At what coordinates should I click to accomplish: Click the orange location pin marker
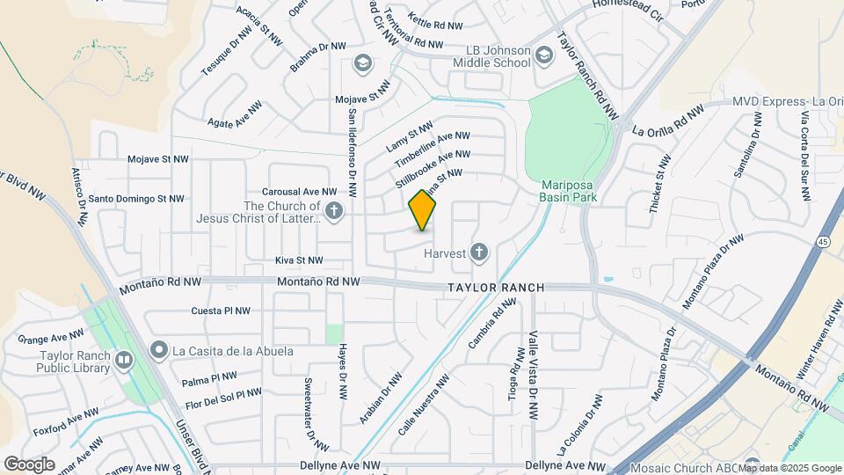coord(423,210)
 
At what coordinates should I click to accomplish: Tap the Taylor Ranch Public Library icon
coord(123,359)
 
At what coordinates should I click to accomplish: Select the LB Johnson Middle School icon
coord(545,57)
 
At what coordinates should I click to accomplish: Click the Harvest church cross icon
coord(479,253)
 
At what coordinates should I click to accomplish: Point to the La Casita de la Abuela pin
coord(159,351)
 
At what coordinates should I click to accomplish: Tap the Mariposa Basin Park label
coord(569,192)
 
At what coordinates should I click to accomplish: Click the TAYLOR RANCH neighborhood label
coord(496,288)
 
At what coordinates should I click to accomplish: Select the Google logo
coord(29,464)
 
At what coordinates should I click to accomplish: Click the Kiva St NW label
coord(299,260)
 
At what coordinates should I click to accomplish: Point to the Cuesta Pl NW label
coord(221,311)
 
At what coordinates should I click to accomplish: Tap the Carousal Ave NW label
coord(299,191)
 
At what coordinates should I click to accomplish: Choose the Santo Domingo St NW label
coord(136,199)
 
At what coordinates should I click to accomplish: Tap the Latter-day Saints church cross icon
coord(333,210)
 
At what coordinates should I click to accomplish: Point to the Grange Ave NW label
coord(51,335)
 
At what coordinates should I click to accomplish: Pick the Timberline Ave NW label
coord(433,150)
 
